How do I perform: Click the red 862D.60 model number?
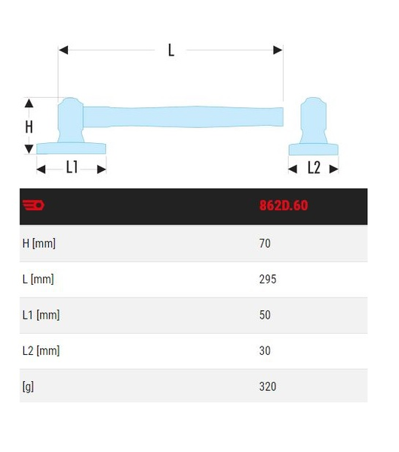(284, 206)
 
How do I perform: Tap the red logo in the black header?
(33, 205)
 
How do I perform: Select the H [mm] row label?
(39, 243)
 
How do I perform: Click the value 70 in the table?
(265, 243)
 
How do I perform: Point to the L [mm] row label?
(38, 279)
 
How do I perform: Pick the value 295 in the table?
(268, 279)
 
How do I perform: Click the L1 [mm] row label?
(41, 315)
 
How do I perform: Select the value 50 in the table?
(265, 315)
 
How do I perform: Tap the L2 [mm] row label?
(41, 351)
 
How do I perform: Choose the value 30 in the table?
(265, 350)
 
